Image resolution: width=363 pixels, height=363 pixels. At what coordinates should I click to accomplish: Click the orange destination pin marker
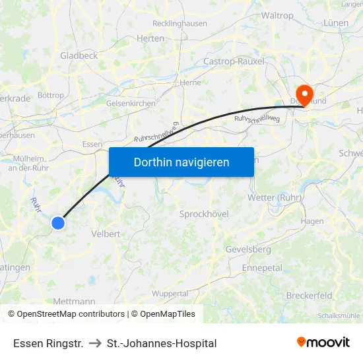304,94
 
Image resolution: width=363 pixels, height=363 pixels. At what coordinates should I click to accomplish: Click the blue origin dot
58,223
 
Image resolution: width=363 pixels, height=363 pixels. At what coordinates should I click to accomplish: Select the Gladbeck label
79,55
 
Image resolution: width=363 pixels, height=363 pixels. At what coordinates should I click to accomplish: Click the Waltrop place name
277,15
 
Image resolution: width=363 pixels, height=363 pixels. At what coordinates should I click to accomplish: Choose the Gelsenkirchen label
131,103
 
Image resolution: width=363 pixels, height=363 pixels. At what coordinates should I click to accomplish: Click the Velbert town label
106,234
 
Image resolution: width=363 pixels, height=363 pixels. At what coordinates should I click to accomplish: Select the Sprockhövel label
203,214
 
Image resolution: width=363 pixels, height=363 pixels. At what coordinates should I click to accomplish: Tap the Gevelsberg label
248,249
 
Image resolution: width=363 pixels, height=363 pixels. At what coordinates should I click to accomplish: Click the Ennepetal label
262,268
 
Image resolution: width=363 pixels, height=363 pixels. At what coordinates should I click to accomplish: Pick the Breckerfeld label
310,296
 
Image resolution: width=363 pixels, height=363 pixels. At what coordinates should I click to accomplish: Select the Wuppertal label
170,293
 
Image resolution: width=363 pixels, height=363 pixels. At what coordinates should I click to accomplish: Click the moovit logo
323,342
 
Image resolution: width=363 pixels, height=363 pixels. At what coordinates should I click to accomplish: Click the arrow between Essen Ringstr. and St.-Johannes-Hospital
94,343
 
